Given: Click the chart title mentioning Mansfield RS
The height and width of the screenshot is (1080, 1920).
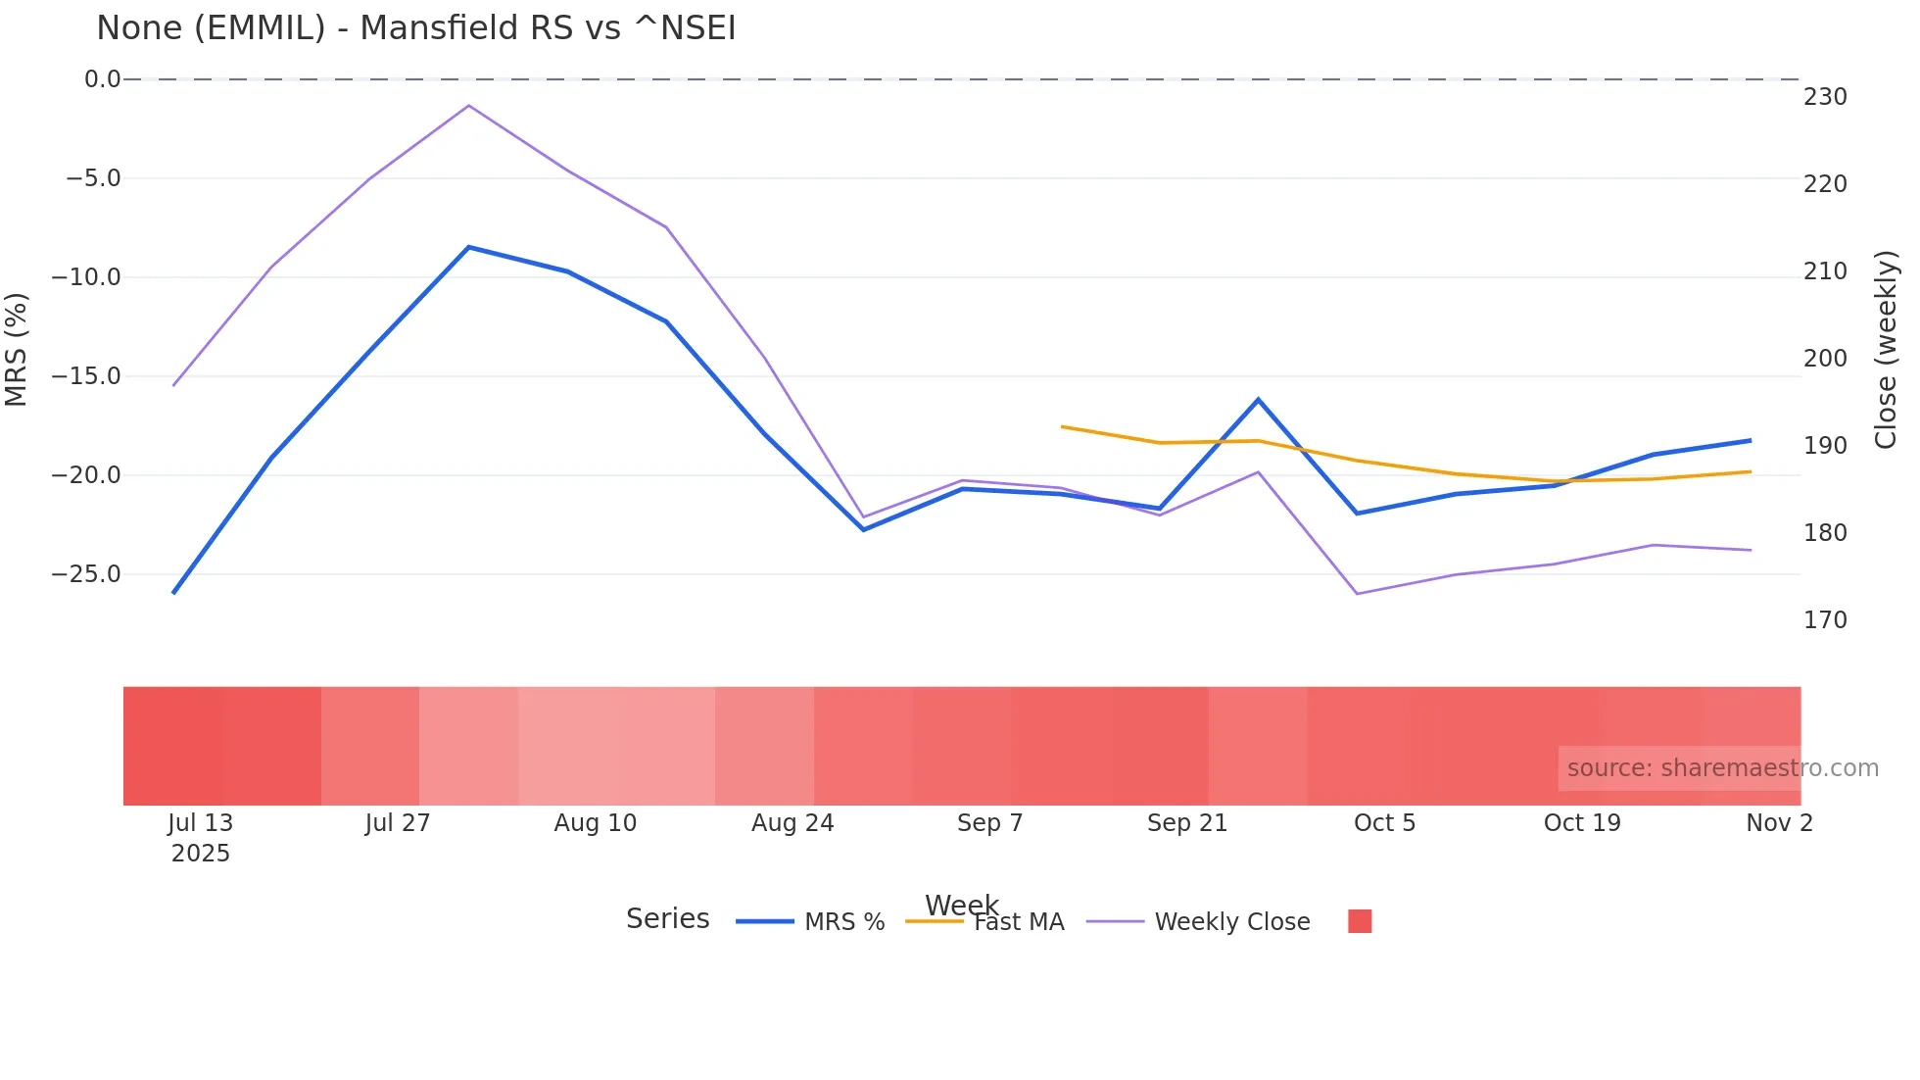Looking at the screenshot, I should coord(415,28).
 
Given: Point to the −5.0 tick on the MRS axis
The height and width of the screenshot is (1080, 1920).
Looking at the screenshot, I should coord(93,178).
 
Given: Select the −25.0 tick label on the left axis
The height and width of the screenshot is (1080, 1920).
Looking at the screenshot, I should coord(87,574).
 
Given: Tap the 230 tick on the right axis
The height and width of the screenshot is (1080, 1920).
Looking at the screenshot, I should coord(1825,97).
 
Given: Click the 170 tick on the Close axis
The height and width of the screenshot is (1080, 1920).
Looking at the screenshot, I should coord(1825,620).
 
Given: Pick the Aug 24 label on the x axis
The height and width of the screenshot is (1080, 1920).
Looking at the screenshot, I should coord(792,823).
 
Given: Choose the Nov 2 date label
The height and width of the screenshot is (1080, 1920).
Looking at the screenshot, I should coord(1779,823).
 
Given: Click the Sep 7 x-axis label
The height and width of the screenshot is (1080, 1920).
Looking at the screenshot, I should coord(989,823).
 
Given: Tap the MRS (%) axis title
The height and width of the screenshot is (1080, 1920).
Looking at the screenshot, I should coord(17,349).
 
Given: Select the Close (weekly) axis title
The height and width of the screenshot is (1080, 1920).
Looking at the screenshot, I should coord(1886,349).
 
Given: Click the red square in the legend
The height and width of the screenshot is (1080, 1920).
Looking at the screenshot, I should coord(1360,921).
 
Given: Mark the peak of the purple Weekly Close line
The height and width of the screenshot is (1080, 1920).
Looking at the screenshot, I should coord(469,105).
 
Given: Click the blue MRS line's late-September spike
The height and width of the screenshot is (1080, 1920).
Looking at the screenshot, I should coord(1259,399).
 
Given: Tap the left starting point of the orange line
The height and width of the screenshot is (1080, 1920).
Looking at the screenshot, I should coord(1062,426).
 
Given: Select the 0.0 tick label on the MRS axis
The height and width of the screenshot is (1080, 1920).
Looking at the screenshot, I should coord(102,79).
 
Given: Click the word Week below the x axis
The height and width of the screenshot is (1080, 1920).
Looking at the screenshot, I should coord(961,905).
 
